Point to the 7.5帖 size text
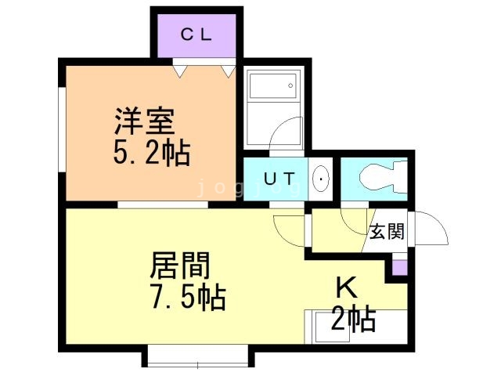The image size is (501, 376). [x=188, y=298]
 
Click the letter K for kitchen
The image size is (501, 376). [x=347, y=287]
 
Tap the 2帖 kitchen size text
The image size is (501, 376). [x=354, y=319]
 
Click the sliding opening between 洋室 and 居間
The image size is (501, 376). [x=163, y=205]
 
